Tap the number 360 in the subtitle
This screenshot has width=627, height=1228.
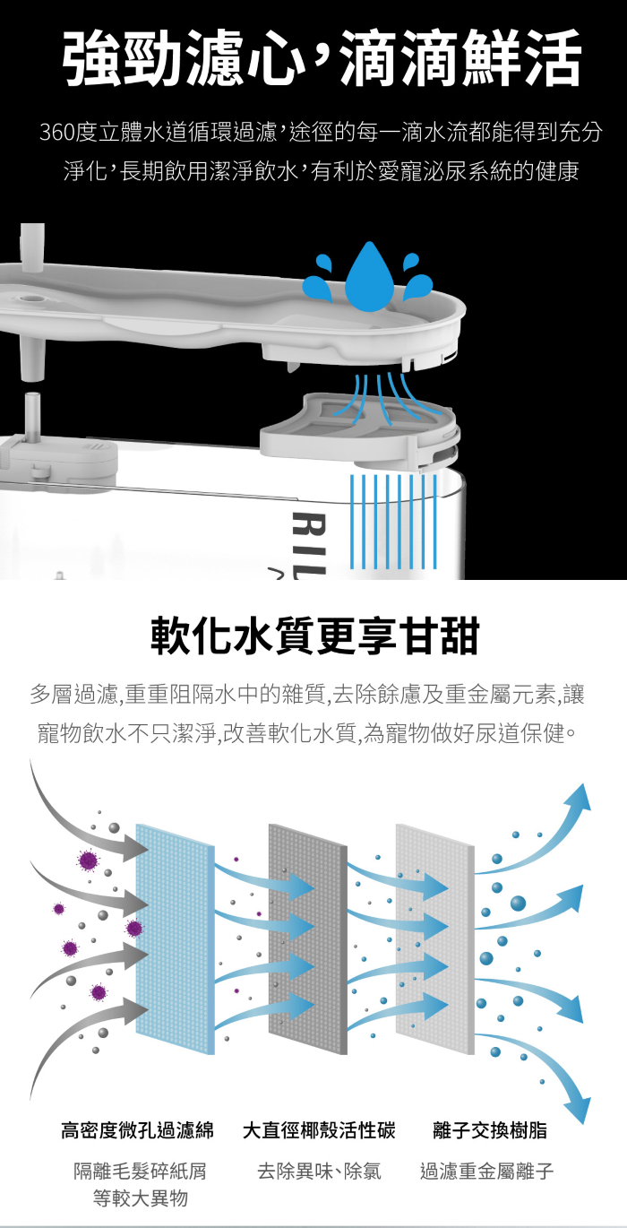(57, 134)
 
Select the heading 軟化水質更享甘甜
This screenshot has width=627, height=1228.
(314, 636)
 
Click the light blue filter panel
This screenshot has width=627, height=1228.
(175, 938)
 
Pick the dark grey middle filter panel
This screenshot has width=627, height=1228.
(307, 938)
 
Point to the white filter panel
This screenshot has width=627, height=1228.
(434, 938)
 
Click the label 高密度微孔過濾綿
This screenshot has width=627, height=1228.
(137, 1130)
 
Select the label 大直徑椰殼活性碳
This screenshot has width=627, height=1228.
(319, 1130)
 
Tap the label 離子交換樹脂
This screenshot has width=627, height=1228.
(489, 1130)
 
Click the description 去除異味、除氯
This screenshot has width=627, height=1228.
(319, 1171)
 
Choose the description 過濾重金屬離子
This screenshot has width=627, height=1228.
(487, 1171)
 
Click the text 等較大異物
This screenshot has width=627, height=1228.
(141, 1198)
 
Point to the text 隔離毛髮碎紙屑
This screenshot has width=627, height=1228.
(141, 1171)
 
